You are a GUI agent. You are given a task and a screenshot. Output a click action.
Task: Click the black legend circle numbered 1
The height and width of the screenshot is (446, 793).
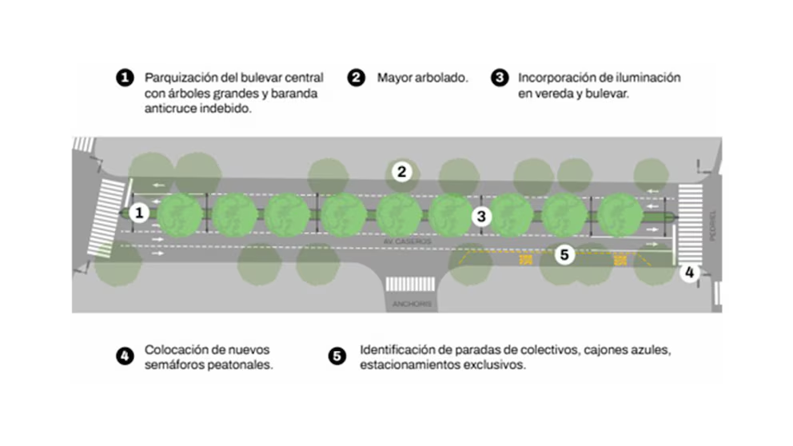pos(124,78)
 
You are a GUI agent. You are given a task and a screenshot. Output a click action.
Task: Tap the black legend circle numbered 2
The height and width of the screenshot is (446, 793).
pos(356,78)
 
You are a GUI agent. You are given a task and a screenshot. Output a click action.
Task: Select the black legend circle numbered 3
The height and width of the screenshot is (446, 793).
pos(500,78)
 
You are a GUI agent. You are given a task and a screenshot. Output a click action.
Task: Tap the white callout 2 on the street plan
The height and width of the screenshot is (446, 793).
pos(402,171)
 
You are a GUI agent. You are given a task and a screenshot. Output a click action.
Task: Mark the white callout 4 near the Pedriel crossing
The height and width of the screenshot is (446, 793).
pos(690,272)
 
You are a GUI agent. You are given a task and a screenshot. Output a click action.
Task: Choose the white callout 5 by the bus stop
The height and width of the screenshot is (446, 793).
pos(564,255)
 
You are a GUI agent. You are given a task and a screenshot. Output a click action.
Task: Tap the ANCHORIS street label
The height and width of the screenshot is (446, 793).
pos(411,304)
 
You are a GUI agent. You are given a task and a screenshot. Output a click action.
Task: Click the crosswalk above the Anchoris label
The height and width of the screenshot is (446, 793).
pos(410,285)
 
